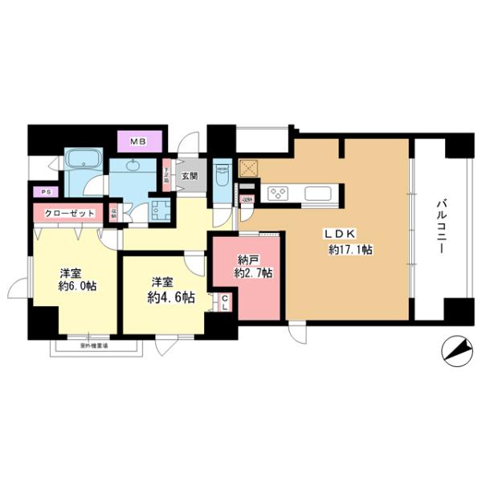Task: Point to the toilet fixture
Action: (222, 176)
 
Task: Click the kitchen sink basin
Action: (315, 194)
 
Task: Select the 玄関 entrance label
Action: (189, 175)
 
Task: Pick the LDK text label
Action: (338, 234)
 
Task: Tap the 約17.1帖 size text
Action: (349, 250)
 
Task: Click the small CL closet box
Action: (225, 303)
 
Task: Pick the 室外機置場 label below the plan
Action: (95, 346)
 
